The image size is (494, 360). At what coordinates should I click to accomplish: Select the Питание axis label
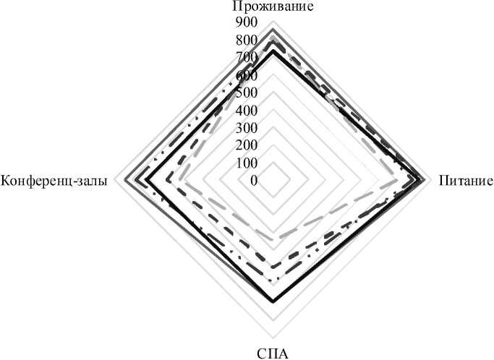[x=466, y=181]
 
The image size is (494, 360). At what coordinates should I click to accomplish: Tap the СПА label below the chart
[x=272, y=353]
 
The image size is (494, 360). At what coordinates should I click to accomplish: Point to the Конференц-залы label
[x=55, y=181]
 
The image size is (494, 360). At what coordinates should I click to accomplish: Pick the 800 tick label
[x=247, y=40]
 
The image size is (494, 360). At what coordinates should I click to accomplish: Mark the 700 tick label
[x=247, y=58]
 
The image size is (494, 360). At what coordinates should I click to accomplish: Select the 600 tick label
[x=247, y=75]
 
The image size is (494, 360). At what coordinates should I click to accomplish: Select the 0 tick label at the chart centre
[x=253, y=180]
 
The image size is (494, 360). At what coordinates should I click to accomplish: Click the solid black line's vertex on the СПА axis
[x=273, y=301]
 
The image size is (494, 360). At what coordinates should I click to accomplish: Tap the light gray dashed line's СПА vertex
[x=273, y=239]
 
